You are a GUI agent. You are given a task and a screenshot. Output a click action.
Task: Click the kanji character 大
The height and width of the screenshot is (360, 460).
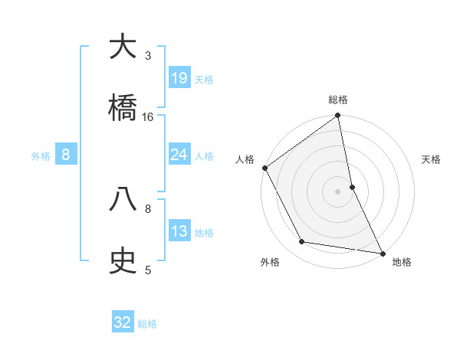point(123,47)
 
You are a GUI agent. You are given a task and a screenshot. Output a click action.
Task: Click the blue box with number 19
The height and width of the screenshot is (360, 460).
point(179,78)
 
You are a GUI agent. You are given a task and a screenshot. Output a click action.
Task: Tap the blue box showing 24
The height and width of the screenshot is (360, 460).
point(179,155)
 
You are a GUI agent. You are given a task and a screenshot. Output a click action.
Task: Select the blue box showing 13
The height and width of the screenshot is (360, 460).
point(179,231)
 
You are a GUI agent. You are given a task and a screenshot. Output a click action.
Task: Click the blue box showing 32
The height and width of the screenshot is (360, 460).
point(123,322)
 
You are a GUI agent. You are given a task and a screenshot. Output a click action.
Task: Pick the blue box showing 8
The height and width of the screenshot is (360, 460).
point(66,155)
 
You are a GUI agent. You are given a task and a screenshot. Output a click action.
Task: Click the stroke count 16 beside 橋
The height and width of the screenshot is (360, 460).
point(148,116)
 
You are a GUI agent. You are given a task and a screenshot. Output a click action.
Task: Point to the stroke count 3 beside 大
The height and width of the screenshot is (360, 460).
point(148,56)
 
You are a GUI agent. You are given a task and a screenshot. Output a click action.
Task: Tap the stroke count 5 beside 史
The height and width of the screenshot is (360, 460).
point(148,270)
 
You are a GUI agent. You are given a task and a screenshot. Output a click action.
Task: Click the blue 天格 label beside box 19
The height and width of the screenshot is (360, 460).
point(204,80)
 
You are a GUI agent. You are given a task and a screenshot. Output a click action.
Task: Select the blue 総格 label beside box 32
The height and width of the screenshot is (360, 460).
point(147,324)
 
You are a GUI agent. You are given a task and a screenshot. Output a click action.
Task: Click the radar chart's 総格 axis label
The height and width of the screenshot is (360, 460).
point(338,100)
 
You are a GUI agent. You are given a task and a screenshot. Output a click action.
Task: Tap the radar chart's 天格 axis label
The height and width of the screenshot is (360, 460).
point(432,159)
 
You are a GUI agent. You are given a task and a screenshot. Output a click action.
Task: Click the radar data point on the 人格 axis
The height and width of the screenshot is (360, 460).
point(264,168)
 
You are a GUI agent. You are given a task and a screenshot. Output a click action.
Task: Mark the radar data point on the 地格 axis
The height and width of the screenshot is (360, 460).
point(383,253)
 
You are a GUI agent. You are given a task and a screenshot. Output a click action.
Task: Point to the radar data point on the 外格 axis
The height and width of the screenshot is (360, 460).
point(302,242)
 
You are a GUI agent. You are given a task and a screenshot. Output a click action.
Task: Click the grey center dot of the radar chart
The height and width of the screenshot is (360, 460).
point(338,191)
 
